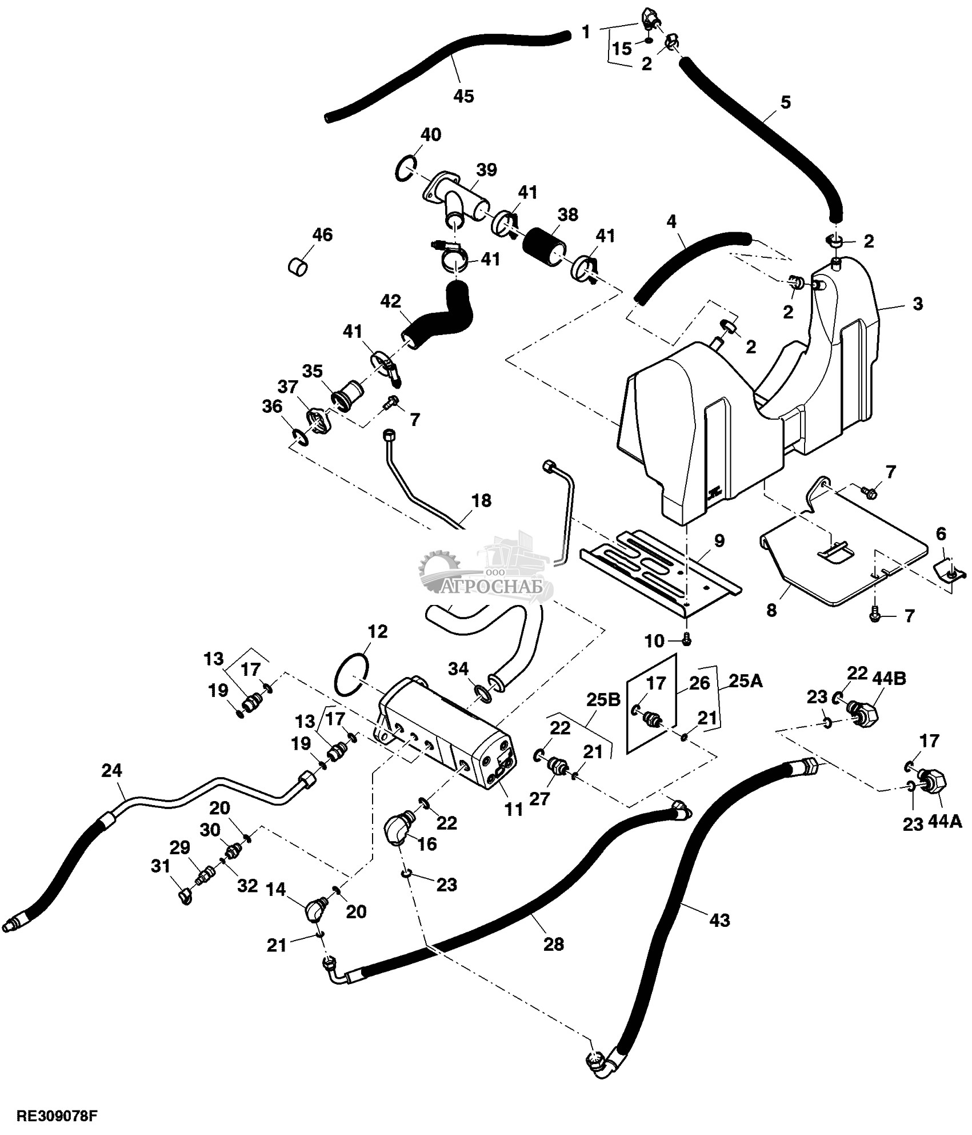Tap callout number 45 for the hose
click(463, 96)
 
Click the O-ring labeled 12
click(350, 676)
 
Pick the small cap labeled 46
click(297, 265)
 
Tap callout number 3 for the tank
click(917, 303)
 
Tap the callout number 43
click(719, 920)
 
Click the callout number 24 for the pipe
click(111, 771)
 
